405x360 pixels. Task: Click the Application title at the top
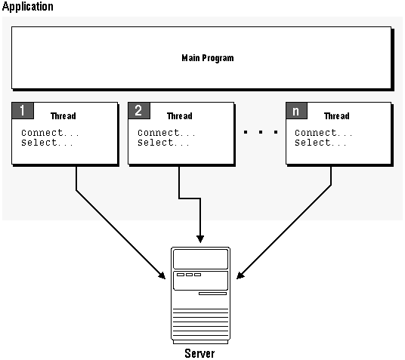[28, 7]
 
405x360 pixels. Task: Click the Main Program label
[208, 58]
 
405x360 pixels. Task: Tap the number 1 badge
[23, 111]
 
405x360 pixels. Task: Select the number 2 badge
[139, 111]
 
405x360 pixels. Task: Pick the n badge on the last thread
[296, 111]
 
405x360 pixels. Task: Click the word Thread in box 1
[63, 116]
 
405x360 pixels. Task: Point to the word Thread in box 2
[180, 116]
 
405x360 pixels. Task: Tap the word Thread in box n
[337, 116]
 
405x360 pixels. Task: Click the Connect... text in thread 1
[50, 133]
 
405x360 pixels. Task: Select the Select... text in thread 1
[47, 143]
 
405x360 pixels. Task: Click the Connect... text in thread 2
[166, 133]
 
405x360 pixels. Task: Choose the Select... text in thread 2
[163, 143]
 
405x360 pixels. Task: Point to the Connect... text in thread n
[323, 133]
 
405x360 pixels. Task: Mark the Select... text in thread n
[320, 143]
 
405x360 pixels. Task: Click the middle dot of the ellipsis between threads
[261, 132]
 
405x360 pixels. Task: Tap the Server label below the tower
[199, 353]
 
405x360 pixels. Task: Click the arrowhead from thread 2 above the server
[200, 238]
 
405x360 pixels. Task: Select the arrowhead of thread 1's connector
[162, 275]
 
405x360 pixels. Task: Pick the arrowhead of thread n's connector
[240, 275]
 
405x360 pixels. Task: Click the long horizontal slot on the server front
[212, 294]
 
